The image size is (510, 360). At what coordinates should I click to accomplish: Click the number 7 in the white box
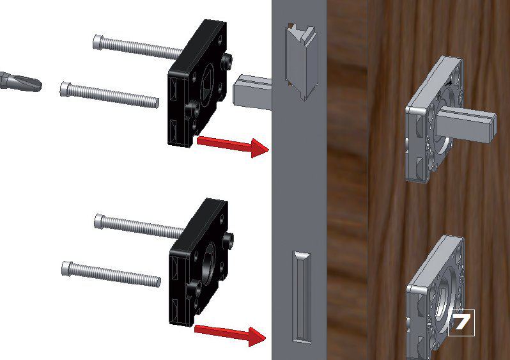point(461,322)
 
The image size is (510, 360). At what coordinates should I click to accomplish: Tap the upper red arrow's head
point(259,148)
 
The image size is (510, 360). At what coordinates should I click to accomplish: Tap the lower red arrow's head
point(258,336)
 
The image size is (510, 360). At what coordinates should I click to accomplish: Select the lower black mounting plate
point(199,262)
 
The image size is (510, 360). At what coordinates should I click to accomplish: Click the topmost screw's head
point(98,42)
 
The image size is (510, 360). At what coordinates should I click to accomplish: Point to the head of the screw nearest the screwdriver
point(65,89)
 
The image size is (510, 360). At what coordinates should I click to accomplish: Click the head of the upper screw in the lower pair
point(99,221)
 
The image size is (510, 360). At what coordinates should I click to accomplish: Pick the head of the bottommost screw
point(66,269)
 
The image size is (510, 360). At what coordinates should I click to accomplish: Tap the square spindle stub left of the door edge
point(252,92)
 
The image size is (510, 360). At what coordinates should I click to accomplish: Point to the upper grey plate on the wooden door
point(434,120)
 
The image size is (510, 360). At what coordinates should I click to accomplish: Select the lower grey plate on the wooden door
point(435,298)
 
